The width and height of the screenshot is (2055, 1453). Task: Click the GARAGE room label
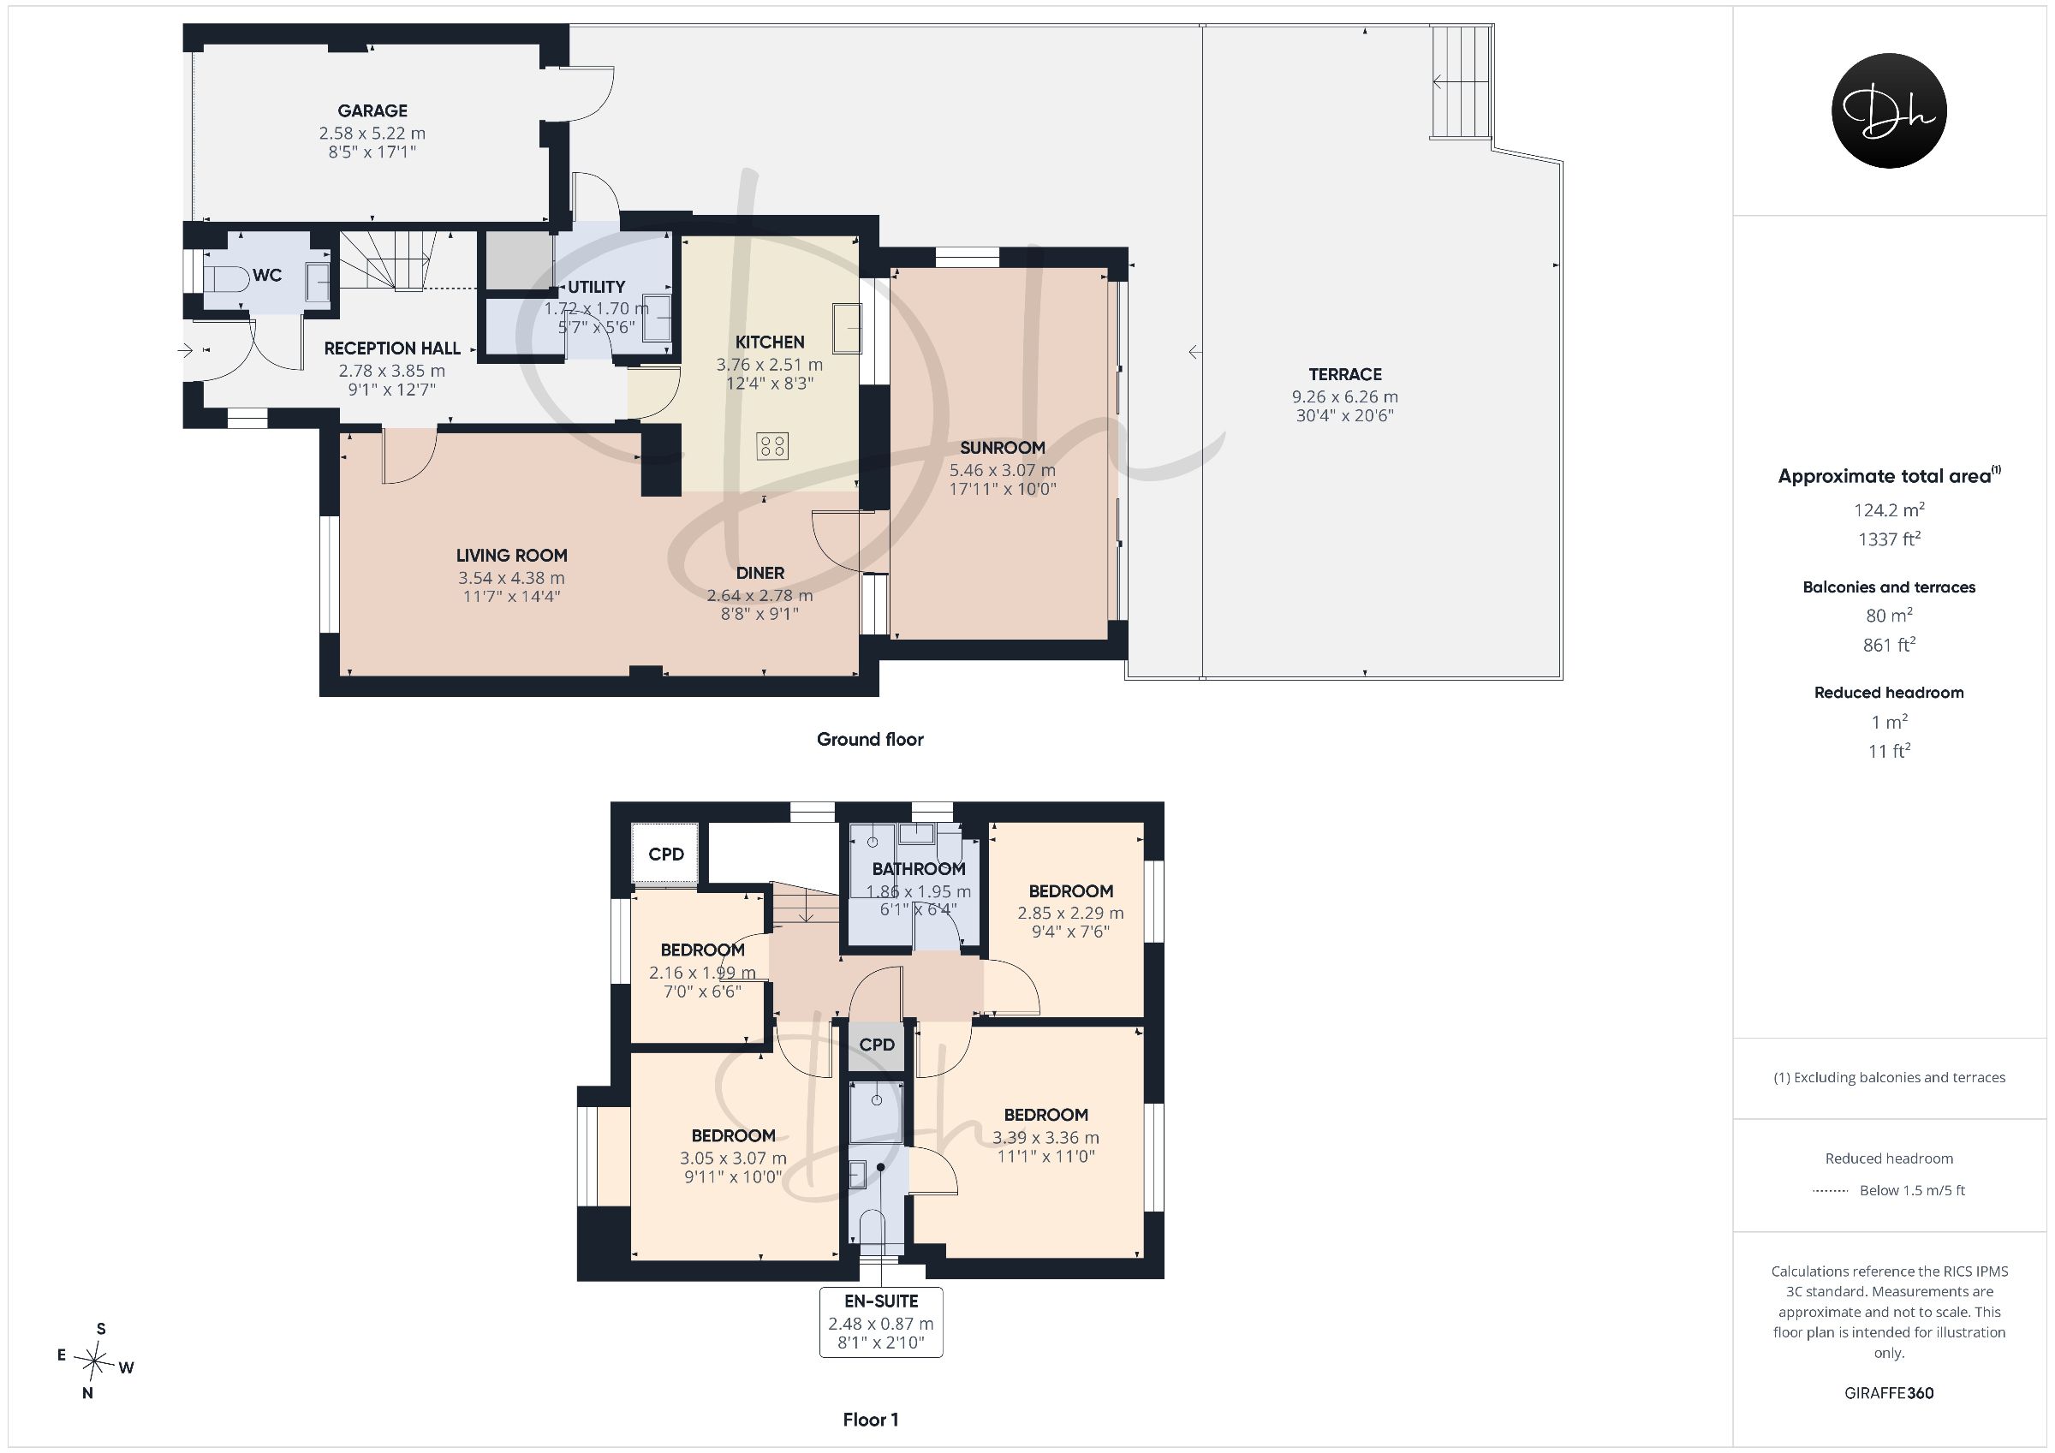(x=372, y=111)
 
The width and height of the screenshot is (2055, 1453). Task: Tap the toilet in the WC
(x=225, y=278)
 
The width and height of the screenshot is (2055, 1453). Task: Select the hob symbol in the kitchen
(x=772, y=446)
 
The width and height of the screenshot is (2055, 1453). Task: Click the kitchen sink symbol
(x=846, y=328)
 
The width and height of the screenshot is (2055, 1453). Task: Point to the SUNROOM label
(x=1003, y=448)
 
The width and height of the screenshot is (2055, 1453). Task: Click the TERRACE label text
(x=1345, y=374)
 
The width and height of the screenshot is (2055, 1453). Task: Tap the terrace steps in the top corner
(x=1461, y=81)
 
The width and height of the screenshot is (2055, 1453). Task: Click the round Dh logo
(x=1890, y=110)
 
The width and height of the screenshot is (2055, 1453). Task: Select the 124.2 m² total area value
(x=1889, y=509)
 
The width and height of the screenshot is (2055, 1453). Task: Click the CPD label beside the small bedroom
(x=666, y=854)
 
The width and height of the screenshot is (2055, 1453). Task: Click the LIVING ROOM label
(x=511, y=555)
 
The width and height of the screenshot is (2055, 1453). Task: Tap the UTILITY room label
(x=596, y=287)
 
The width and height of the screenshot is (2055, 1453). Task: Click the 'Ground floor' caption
(x=870, y=740)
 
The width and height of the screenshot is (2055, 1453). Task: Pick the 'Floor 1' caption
(x=870, y=1420)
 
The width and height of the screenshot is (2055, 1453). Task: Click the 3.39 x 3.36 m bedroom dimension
(x=1045, y=1138)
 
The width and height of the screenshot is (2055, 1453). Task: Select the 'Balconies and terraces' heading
(x=1889, y=587)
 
